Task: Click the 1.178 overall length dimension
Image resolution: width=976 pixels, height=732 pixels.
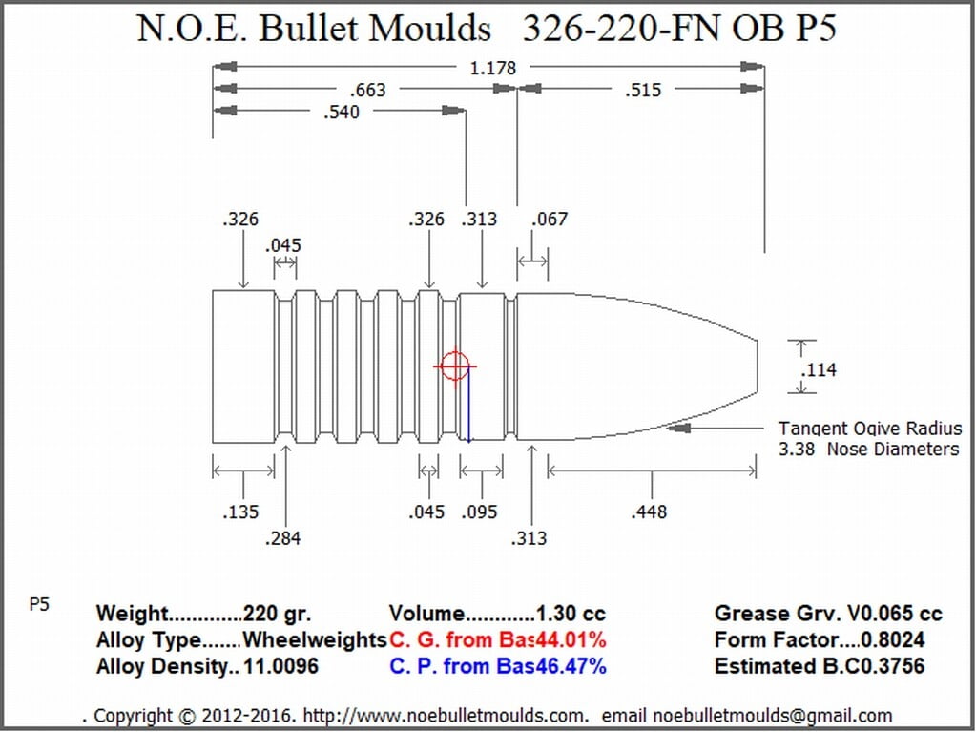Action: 492,68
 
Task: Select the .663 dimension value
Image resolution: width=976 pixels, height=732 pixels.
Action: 368,91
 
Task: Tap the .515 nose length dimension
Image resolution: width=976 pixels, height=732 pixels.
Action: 643,91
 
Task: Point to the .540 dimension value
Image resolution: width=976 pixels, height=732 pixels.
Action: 342,113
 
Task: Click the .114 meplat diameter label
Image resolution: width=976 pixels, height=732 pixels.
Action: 819,370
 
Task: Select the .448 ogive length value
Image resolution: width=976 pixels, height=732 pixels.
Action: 649,512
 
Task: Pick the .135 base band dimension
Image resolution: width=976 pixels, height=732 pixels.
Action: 240,512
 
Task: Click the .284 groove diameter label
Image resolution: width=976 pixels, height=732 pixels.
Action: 282,538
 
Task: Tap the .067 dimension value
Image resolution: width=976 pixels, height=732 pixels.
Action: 550,220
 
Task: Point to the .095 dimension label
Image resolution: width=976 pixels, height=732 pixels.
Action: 479,512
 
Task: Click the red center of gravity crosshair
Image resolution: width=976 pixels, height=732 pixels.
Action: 455,366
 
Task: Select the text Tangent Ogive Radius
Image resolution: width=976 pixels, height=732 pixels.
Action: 870,429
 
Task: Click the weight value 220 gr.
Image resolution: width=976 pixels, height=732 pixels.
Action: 277,614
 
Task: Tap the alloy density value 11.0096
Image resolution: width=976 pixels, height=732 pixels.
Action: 280,666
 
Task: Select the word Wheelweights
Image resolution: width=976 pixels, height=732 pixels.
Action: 315,639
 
